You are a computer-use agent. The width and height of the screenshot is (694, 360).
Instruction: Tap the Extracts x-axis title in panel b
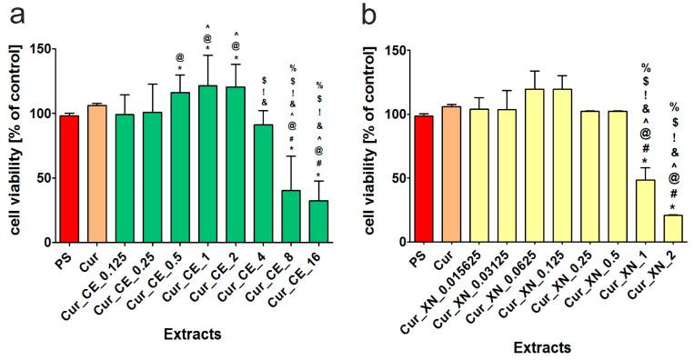[543, 346]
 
